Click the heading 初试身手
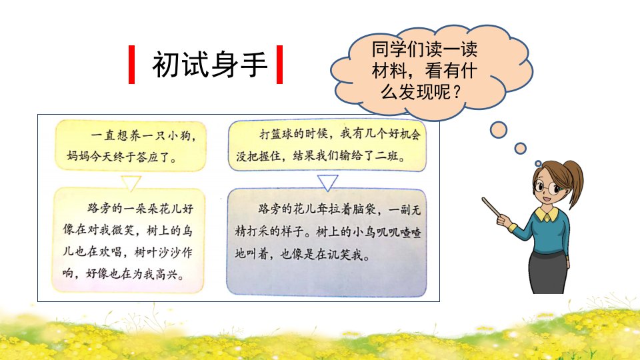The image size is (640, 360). click(x=210, y=65)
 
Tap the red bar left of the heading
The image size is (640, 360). click(x=131, y=65)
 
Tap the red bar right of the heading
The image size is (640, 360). click(x=279, y=65)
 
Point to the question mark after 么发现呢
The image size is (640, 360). click(x=457, y=92)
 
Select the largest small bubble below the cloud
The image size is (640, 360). click(x=499, y=130)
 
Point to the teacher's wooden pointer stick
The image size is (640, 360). click(x=496, y=209)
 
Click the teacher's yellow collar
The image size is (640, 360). click(x=547, y=213)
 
